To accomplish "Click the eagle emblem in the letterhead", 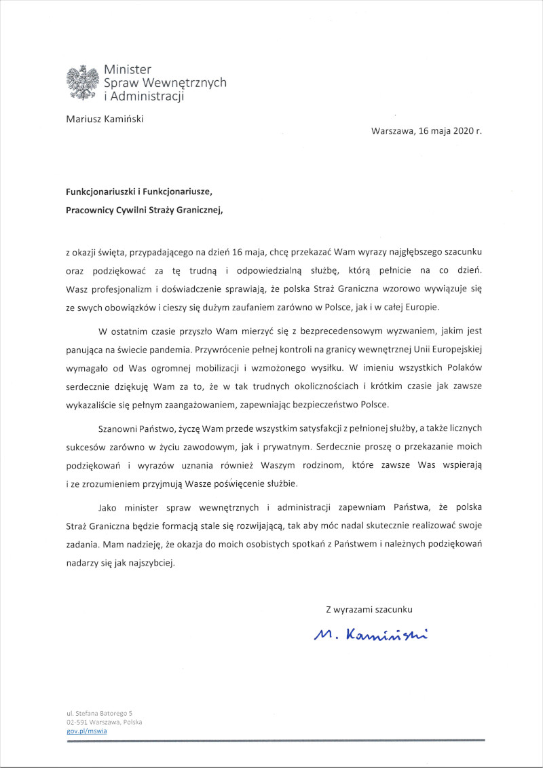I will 82,82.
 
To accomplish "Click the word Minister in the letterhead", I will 128,69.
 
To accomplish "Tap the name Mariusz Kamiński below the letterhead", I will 105,119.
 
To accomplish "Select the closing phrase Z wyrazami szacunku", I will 369,609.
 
